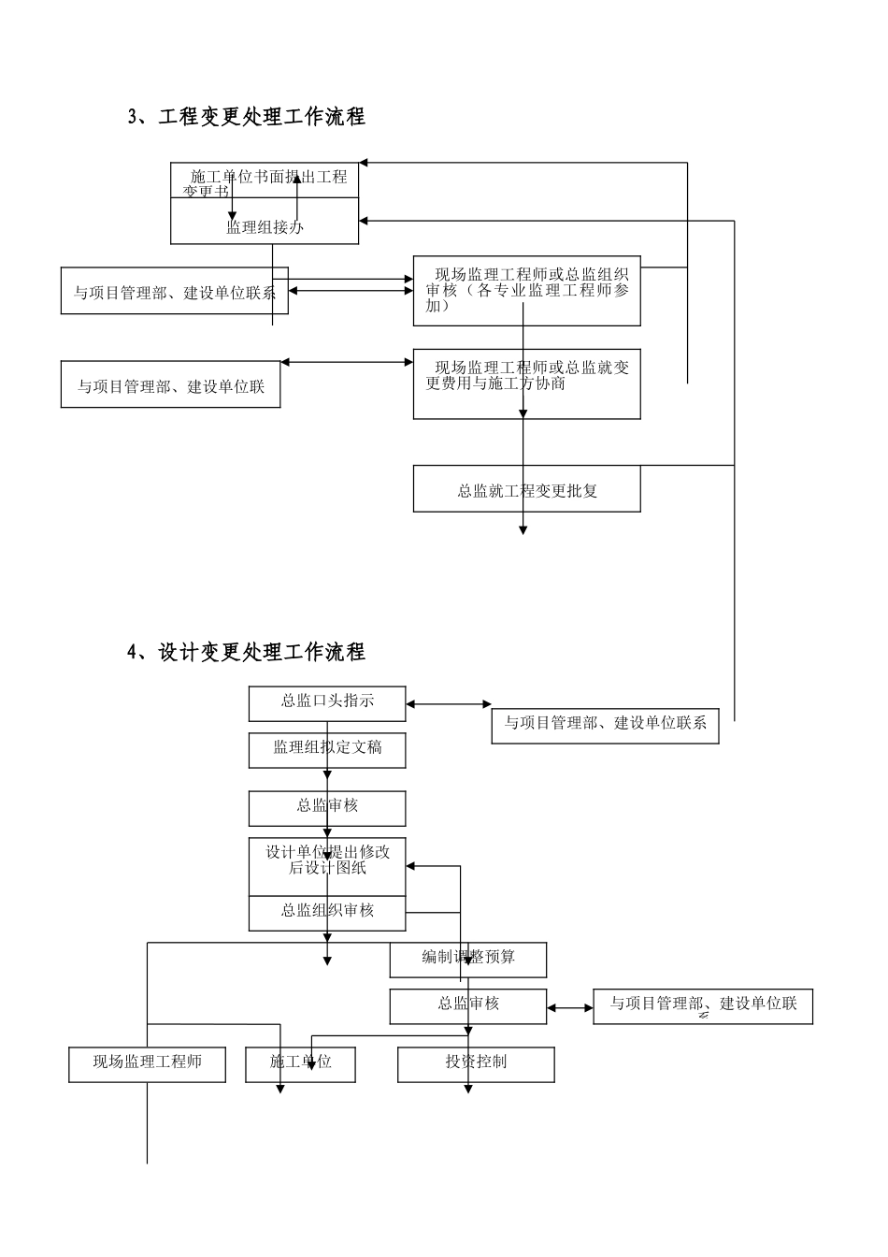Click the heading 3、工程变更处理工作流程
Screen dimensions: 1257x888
click(x=247, y=117)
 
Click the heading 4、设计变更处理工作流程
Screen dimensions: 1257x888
click(x=247, y=652)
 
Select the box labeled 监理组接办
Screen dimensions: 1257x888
click(x=265, y=226)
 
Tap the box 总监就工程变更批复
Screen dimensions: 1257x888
click(x=526, y=490)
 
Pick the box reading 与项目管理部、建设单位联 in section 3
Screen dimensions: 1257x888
click(x=170, y=385)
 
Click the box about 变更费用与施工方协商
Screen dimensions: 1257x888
click(x=526, y=384)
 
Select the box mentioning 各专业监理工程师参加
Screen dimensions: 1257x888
click(x=526, y=290)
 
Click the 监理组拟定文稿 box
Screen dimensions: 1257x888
click(x=327, y=750)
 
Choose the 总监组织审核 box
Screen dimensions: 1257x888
click(x=327, y=911)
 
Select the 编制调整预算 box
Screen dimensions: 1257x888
click(x=468, y=959)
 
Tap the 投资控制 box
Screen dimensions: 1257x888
click(x=476, y=1063)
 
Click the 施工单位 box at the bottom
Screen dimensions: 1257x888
click(x=300, y=1063)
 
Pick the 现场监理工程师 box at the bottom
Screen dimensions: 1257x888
click(x=147, y=1063)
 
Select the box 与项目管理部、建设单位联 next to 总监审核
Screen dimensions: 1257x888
click(x=702, y=1005)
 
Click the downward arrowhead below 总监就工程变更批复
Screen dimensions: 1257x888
click(x=523, y=529)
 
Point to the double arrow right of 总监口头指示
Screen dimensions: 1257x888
click(x=449, y=704)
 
